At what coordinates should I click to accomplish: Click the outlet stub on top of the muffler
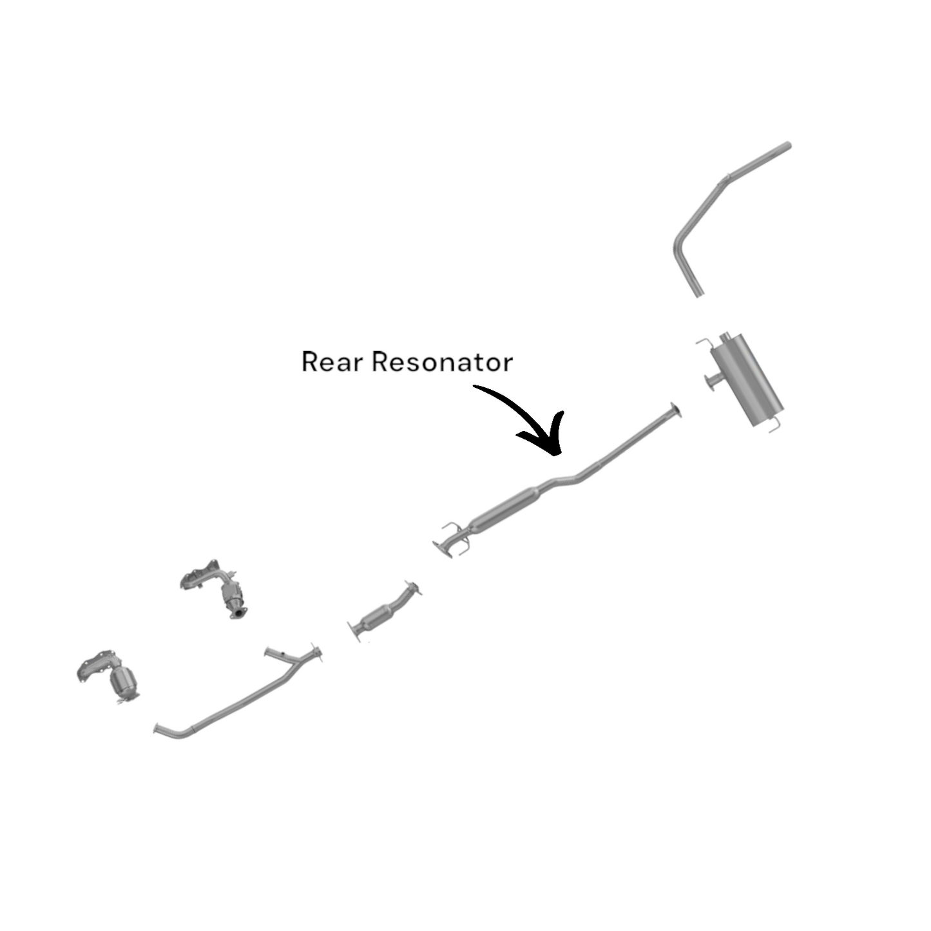point(724,337)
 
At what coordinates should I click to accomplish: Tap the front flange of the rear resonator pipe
point(443,548)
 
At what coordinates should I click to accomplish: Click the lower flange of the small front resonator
point(354,630)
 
